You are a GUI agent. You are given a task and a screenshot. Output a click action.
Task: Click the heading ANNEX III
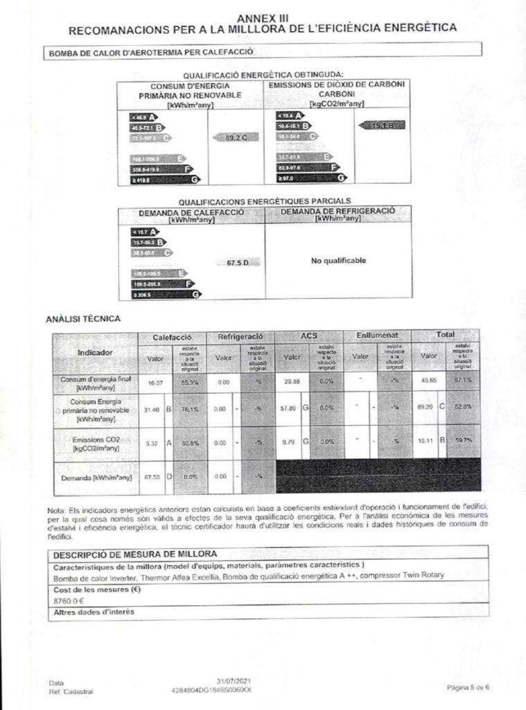click(x=263, y=17)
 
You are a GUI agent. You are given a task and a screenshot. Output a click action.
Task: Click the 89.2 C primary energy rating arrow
click(x=237, y=138)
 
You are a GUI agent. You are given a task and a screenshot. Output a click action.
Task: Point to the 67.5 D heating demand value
click(x=242, y=263)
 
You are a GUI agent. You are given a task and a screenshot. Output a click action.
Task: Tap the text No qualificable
click(x=338, y=261)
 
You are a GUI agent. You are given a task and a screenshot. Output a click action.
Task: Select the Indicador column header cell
click(x=95, y=352)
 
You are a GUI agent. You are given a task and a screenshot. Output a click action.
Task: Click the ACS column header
click(x=308, y=336)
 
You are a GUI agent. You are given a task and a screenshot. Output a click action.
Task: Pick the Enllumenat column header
click(x=377, y=336)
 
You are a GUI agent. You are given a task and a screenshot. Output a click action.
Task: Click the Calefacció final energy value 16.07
click(x=155, y=382)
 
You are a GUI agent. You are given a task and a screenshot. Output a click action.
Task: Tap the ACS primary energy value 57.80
click(x=288, y=409)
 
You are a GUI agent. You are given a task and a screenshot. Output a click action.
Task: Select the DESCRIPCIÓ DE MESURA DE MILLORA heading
click(x=135, y=554)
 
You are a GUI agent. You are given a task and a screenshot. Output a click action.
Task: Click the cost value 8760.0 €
click(x=69, y=602)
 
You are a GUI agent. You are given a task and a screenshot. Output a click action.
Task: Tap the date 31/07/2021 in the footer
click(x=232, y=682)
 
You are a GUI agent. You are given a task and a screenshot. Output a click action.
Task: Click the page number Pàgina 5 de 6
click(x=468, y=686)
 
